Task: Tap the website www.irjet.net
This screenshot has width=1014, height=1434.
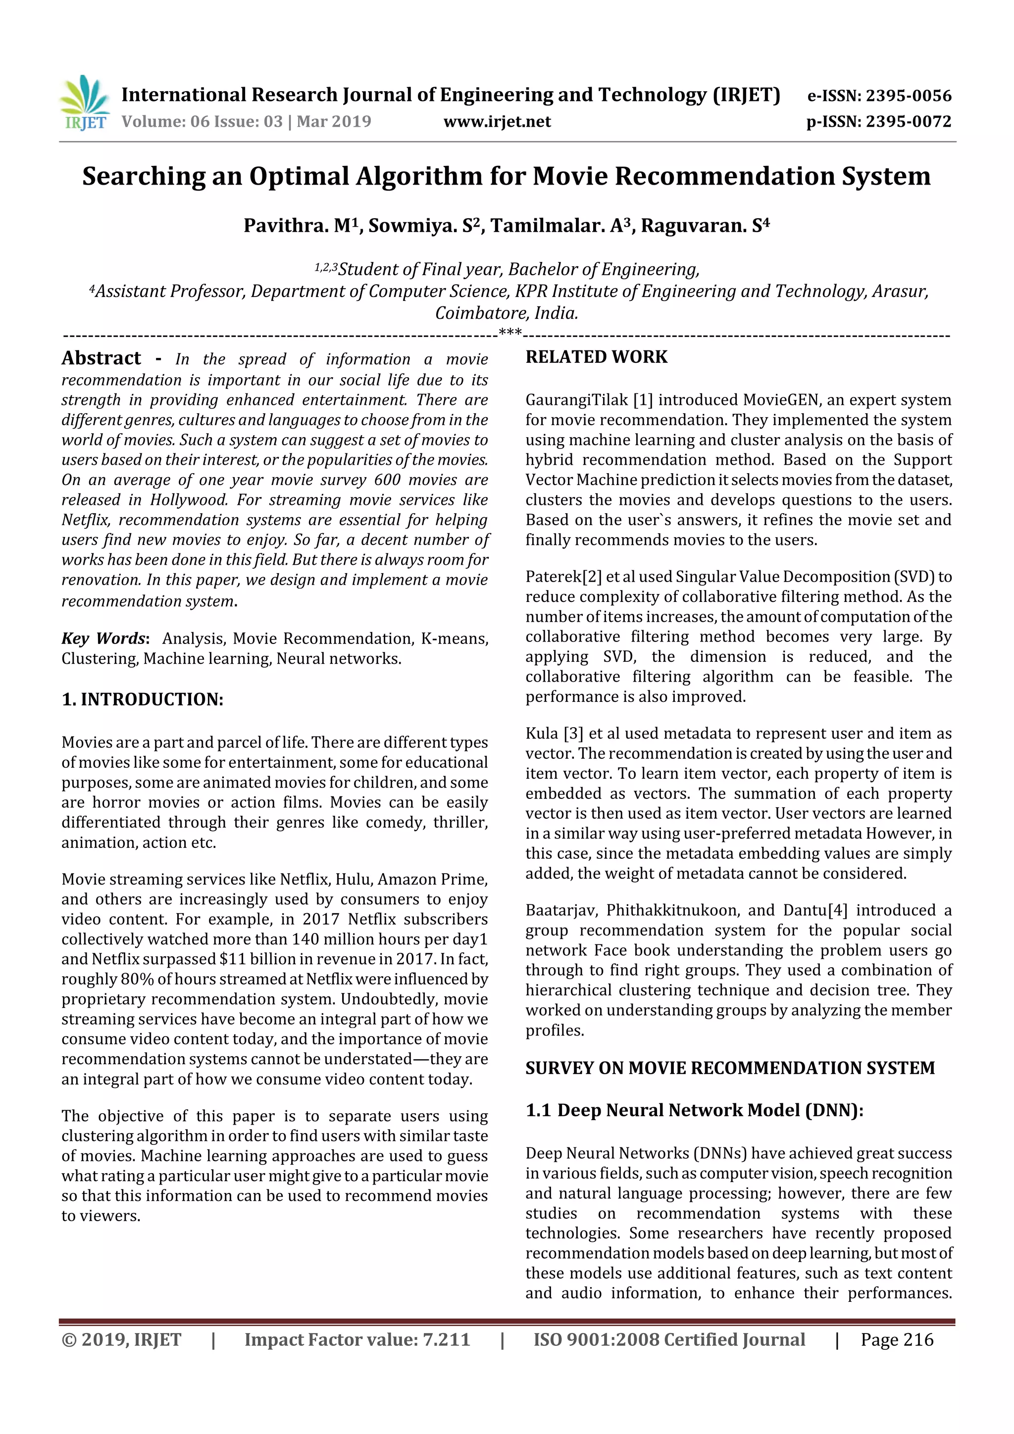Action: [497, 121]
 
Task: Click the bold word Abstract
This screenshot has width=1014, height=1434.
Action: [101, 358]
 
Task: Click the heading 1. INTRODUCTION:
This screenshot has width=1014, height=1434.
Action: [143, 699]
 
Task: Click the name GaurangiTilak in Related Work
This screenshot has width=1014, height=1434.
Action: [576, 400]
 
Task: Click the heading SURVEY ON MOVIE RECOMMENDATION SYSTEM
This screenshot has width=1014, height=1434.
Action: [729, 1068]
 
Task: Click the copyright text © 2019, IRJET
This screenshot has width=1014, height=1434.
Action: [121, 1339]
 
